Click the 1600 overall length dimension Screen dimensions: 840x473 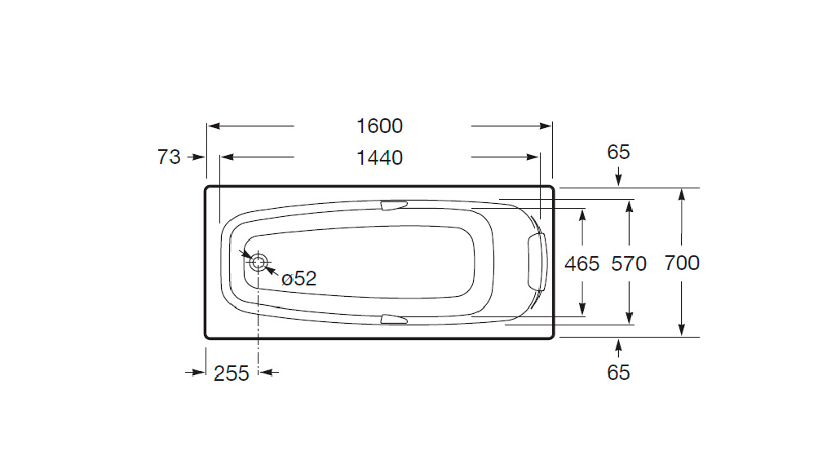pos(379,126)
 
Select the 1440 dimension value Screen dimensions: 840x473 pos(379,157)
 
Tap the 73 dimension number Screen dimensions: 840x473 pos(169,157)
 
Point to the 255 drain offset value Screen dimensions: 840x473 pos(232,374)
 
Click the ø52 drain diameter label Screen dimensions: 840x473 pos(299,278)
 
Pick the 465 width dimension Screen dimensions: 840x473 pos(581,263)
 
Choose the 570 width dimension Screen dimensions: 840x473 pos(629,263)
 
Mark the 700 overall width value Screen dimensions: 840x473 pos(682,263)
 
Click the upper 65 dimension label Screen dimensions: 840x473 pos(618,153)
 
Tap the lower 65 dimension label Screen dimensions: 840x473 pos(618,373)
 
